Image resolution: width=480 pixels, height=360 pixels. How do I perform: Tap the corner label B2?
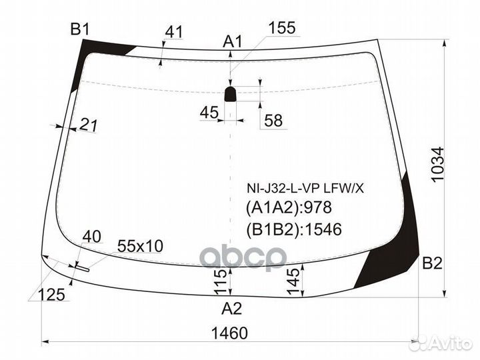[432, 264]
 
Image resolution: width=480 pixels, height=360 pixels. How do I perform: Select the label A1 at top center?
[232, 41]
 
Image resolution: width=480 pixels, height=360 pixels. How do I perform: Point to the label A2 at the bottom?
[231, 309]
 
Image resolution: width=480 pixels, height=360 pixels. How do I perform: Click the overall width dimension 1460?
[231, 333]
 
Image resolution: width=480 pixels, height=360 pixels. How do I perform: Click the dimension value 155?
[282, 27]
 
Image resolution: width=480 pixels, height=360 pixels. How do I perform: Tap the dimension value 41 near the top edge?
[174, 31]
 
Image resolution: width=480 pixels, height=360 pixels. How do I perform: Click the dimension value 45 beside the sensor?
[209, 113]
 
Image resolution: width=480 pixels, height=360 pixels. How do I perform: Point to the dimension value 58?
[273, 121]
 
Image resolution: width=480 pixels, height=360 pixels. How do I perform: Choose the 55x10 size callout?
[140, 246]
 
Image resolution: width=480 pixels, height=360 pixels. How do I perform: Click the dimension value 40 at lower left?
[93, 237]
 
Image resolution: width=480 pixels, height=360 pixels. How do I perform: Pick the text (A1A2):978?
[280, 208]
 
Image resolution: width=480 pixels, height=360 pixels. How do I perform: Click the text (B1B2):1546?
[285, 229]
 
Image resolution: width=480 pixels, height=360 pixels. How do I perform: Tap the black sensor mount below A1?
[230, 93]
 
